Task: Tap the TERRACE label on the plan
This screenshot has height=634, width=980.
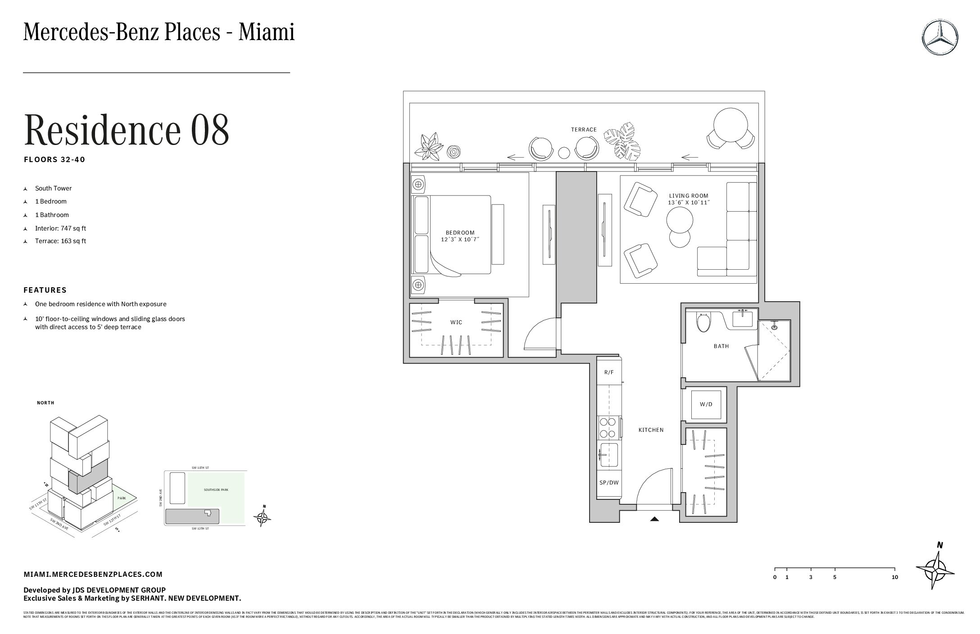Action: click(x=584, y=130)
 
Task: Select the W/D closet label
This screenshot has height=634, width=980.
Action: click(x=706, y=404)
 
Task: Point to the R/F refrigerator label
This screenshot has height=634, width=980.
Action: click(x=609, y=372)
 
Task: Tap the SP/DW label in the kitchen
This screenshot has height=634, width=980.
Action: click(x=609, y=483)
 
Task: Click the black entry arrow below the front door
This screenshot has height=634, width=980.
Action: click(x=654, y=519)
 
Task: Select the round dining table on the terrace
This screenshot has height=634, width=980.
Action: click(x=730, y=125)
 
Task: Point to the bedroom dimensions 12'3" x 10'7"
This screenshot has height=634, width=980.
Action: click(x=460, y=240)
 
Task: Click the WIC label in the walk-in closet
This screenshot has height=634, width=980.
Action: click(x=456, y=322)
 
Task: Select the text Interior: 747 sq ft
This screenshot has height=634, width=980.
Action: click(x=60, y=228)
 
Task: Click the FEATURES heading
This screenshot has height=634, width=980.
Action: click(x=45, y=290)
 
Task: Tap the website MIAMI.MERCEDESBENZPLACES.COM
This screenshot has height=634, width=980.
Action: click(x=93, y=574)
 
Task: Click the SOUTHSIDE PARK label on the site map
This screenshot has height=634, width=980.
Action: click(x=216, y=490)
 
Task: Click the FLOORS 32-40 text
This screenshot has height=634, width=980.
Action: click(x=54, y=159)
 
